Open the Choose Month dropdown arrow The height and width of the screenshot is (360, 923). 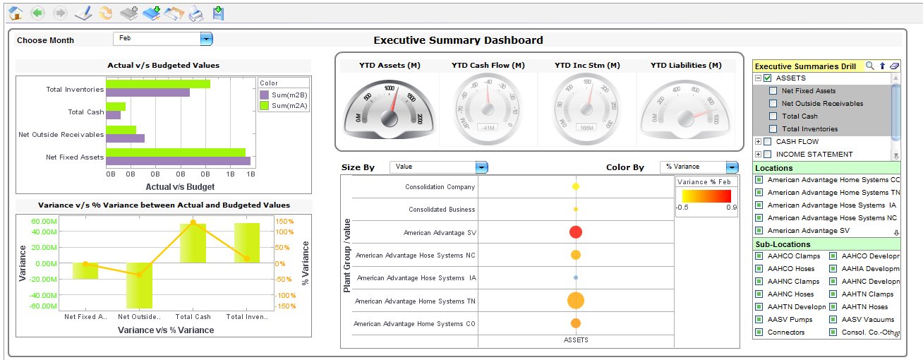click(206, 40)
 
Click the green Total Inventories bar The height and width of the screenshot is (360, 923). click(158, 84)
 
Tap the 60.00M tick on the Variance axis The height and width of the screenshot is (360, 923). click(43, 221)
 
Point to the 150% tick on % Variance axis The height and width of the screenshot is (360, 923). click(285, 221)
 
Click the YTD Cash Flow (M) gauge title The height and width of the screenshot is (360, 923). click(488, 66)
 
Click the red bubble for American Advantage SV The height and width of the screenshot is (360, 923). click(575, 232)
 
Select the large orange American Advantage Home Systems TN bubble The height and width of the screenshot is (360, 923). click(575, 301)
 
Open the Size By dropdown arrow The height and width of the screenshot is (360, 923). click(481, 167)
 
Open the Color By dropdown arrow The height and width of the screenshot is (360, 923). click(732, 167)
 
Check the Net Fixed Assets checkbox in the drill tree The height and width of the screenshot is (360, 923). click(773, 91)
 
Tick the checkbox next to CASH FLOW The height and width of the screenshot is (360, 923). click(768, 142)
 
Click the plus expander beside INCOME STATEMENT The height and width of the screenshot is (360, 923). click(758, 155)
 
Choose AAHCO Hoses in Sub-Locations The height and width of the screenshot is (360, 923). click(790, 269)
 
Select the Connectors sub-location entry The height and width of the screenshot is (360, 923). click(785, 332)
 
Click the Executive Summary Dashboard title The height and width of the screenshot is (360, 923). click(458, 40)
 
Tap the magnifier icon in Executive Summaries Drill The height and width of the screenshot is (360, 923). click(869, 66)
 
